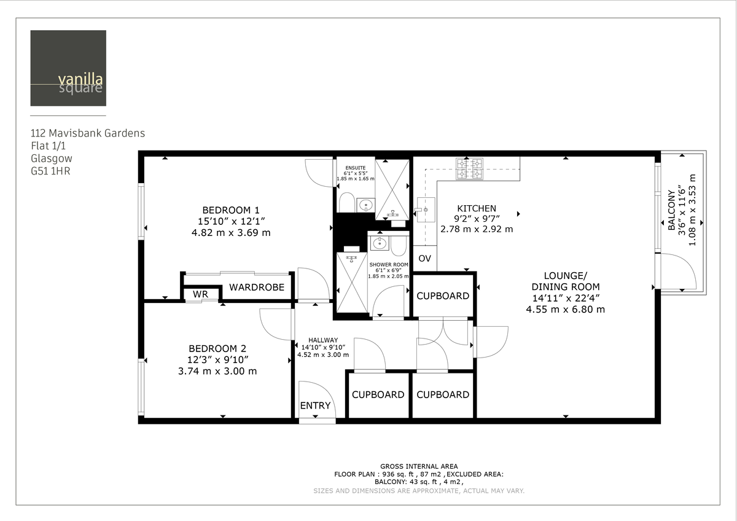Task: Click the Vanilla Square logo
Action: pos(68,68)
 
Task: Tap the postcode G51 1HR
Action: pos(50,171)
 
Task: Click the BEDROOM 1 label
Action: pos(231,208)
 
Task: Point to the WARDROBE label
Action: pos(256,287)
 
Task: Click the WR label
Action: pos(200,294)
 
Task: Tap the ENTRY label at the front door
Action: pos(315,405)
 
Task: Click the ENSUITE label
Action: pos(355,168)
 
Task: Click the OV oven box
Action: pos(424,259)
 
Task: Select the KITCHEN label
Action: pos(476,208)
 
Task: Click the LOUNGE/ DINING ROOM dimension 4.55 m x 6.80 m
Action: pos(565,310)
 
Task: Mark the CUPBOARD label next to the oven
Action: pos(443,296)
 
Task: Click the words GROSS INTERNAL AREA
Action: pos(419,466)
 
